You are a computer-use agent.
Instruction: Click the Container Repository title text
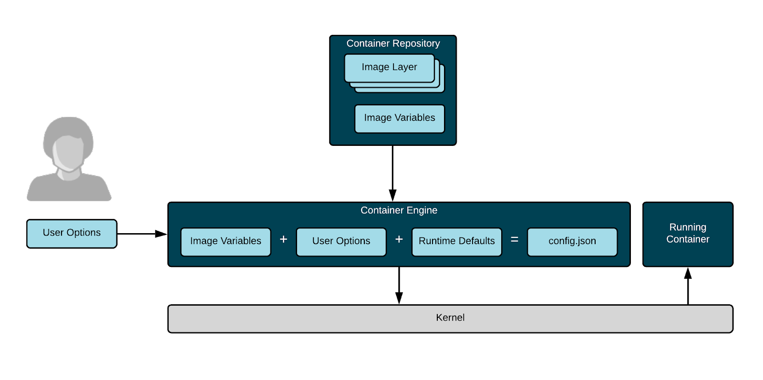tap(393, 43)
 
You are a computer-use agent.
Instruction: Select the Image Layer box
tap(389, 68)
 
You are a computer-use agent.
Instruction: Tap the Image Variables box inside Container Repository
tap(400, 118)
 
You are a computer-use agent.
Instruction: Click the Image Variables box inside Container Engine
tap(226, 242)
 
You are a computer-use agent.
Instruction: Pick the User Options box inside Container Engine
tap(341, 242)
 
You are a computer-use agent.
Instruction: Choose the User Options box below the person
tap(72, 233)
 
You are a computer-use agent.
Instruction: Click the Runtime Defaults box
tap(456, 242)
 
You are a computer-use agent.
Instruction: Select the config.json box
tap(572, 242)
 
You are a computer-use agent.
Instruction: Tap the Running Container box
tap(687, 234)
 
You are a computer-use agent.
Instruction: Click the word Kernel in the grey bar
tap(450, 318)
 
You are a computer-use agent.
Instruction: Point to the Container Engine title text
tap(399, 210)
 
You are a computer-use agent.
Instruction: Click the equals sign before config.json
tap(515, 240)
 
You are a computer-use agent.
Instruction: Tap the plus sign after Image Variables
tap(283, 239)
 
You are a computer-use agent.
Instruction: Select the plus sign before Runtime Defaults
tap(399, 239)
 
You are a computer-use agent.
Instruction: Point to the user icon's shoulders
tap(69, 188)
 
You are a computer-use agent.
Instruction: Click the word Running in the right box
tap(687, 227)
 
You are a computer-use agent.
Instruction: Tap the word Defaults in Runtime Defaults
tap(475, 241)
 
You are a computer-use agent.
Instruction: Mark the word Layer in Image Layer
tap(404, 67)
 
